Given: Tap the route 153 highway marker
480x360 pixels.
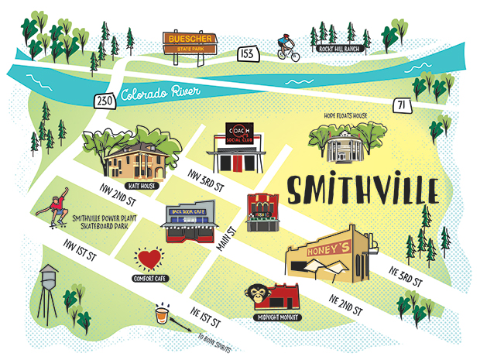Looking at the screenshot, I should coord(248,54).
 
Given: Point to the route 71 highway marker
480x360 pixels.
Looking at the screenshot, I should coord(399,105).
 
